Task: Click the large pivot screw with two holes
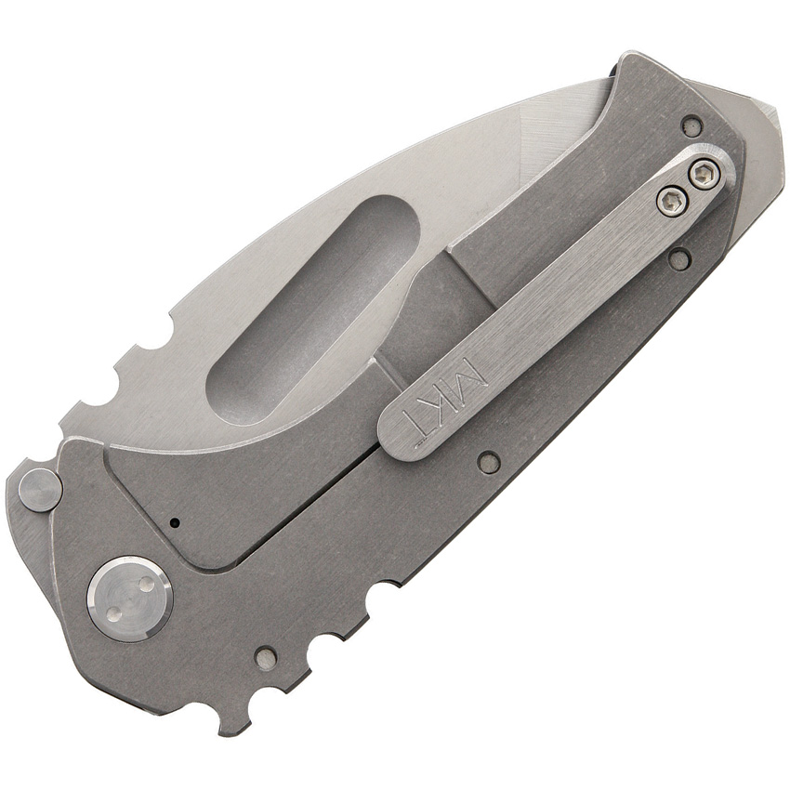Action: pyautogui.click(x=129, y=599)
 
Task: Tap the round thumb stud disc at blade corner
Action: pyautogui.click(x=40, y=489)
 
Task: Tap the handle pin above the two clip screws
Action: pyautogui.click(x=691, y=125)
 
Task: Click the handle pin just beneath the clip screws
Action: pyautogui.click(x=678, y=259)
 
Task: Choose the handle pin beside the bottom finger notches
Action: pyautogui.click(x=265, y=658)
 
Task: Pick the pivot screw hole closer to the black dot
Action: pyautogui.click(x=145, y=584)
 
